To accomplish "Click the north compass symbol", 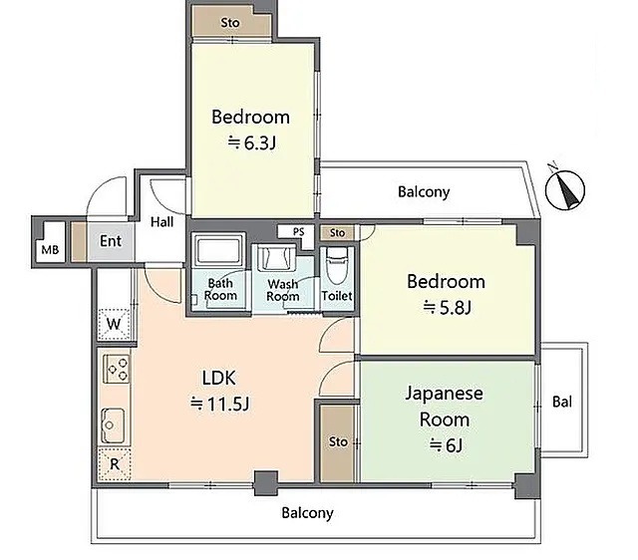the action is click(x=565, y=188).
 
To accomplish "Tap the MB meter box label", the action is click(x=50, y=250).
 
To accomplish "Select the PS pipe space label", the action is click(x=299, y=232).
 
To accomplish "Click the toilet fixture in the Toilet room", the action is click(x=337, y=265).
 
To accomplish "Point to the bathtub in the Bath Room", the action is click(x=218, y=250).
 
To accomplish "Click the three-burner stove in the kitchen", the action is click(x=117, y=369).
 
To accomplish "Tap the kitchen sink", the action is click(x=114, y=425).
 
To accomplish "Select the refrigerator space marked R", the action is click(x=115, y=464).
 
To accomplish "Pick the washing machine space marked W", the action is click(x=114, y=324).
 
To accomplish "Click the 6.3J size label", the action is click(x=252, y=142).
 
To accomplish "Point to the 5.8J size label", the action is click(x=448, y=307).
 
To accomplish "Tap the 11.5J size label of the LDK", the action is click(x=219, y=404).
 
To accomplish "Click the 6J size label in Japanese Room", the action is click(x=446, y=445).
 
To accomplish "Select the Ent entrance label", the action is click(x=111, y=241).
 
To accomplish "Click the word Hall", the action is click(x=161, y=222).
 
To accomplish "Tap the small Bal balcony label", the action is click(x=562, y=402).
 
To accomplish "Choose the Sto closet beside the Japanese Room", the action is click(x=337, y=443).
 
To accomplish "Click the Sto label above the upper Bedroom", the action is click(x=230, y=23).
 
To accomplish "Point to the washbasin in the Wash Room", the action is click(x=276, y=257).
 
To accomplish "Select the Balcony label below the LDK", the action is click(x=307, y=513).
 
